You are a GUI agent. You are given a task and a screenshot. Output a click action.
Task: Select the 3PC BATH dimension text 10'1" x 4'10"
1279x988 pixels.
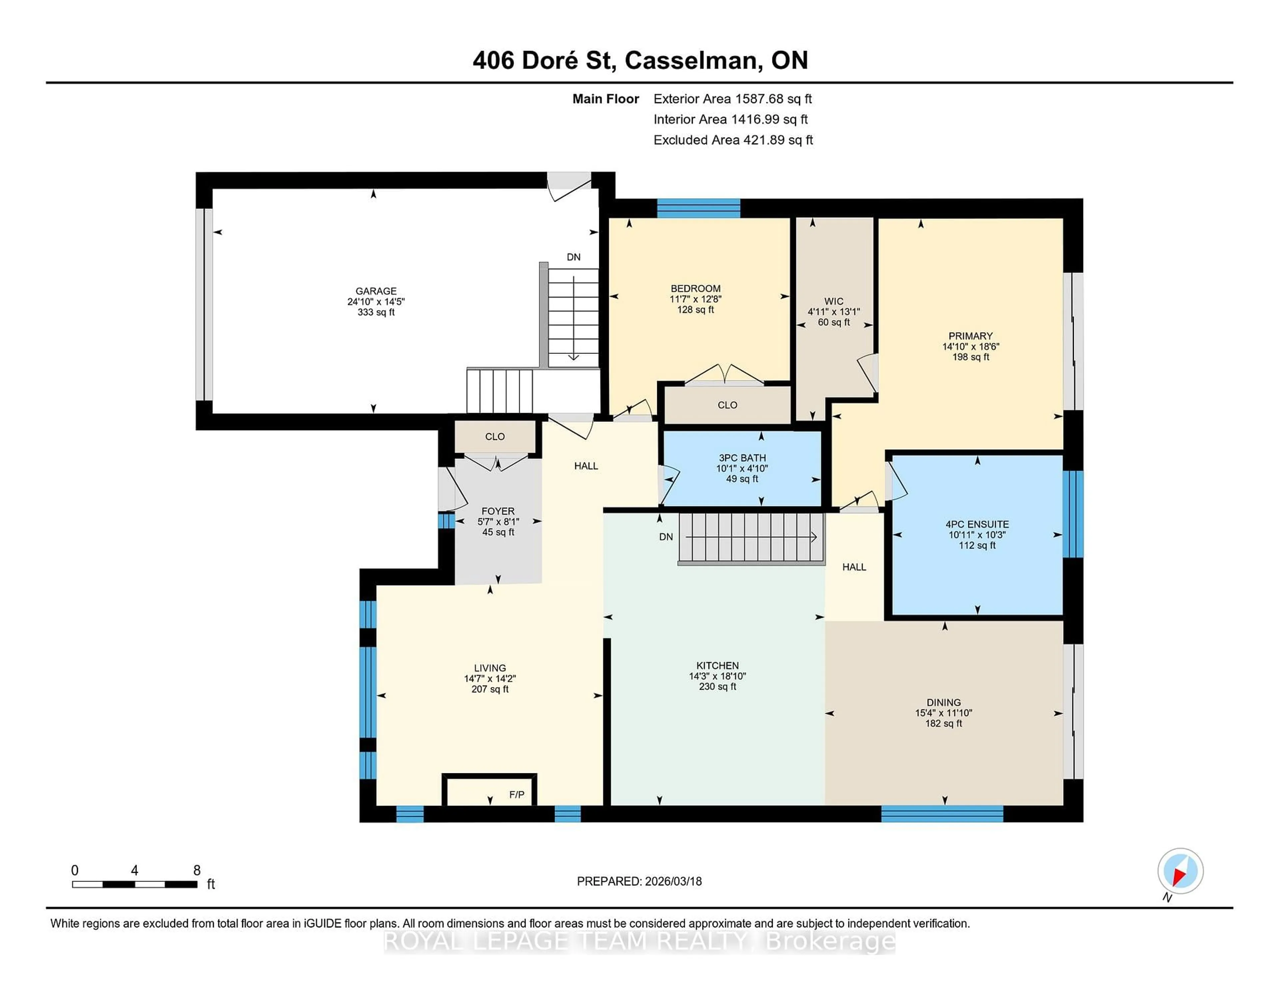click(x=742, y=468)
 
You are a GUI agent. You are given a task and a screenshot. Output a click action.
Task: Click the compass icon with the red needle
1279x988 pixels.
click(x=1180, y=871)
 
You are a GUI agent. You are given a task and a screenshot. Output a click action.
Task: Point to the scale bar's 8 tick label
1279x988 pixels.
click(x=197, y=870)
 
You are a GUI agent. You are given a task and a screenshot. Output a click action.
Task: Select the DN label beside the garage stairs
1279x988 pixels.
click(x=573, y=257)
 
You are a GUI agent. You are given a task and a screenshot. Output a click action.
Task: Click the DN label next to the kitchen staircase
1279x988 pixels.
click(x=666, y=537)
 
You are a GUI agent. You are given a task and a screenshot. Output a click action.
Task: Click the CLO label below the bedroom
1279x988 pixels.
click(x=727, y=405)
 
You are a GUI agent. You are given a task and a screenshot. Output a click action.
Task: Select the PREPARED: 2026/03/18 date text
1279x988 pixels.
click(x=639, y=881)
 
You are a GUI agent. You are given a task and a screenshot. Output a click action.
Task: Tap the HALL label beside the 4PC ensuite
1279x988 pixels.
click(x=854, y=567)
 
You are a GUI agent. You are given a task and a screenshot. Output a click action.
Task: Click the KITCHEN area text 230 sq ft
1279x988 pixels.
click(x=717, y=686)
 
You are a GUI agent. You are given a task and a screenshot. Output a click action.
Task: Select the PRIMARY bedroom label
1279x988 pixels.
click(x=970, y=336)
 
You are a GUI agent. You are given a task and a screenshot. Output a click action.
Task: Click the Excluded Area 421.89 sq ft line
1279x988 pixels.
click(x=733, y=140)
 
